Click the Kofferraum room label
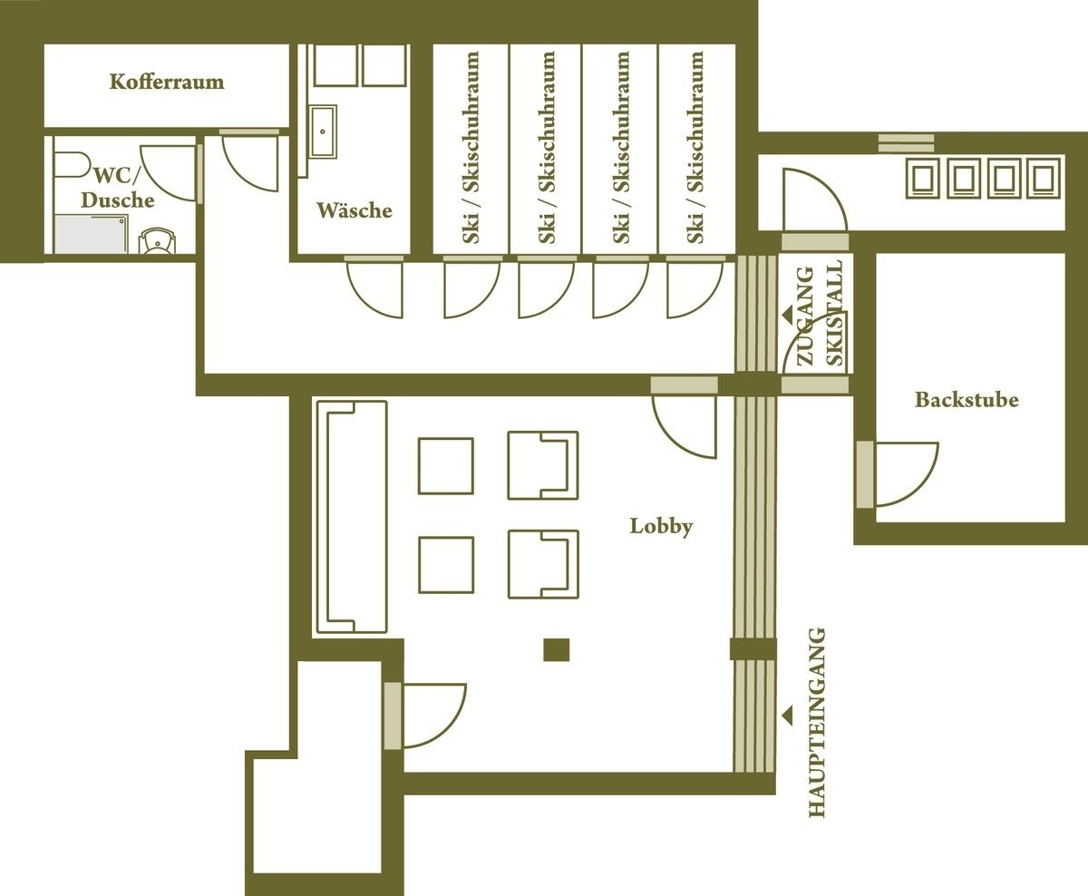click(166, 83)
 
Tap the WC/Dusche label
click(117, 187)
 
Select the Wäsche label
click(354, 210)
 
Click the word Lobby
click(661, 526)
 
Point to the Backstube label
click(966, 400)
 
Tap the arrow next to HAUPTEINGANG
click(787, 716)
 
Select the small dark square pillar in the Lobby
click(556, 650)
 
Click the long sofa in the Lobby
click(350, 517)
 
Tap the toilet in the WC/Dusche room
click(158, 241)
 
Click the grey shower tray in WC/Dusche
click(87, 234)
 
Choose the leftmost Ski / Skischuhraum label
click(471, 147)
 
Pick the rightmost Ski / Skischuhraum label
click(695, 147)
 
